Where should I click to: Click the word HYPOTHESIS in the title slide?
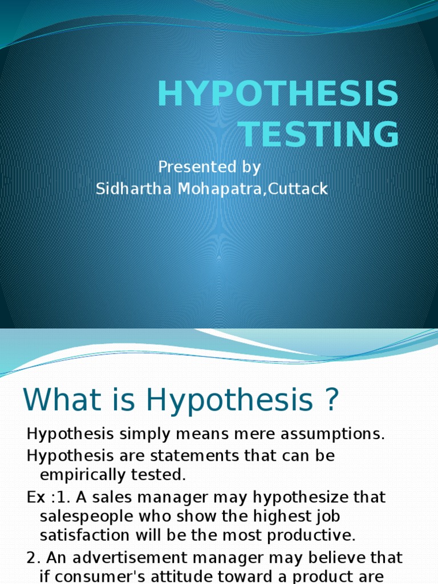278,95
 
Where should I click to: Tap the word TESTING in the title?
319,135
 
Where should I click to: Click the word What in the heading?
57,400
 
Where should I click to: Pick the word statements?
196,456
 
